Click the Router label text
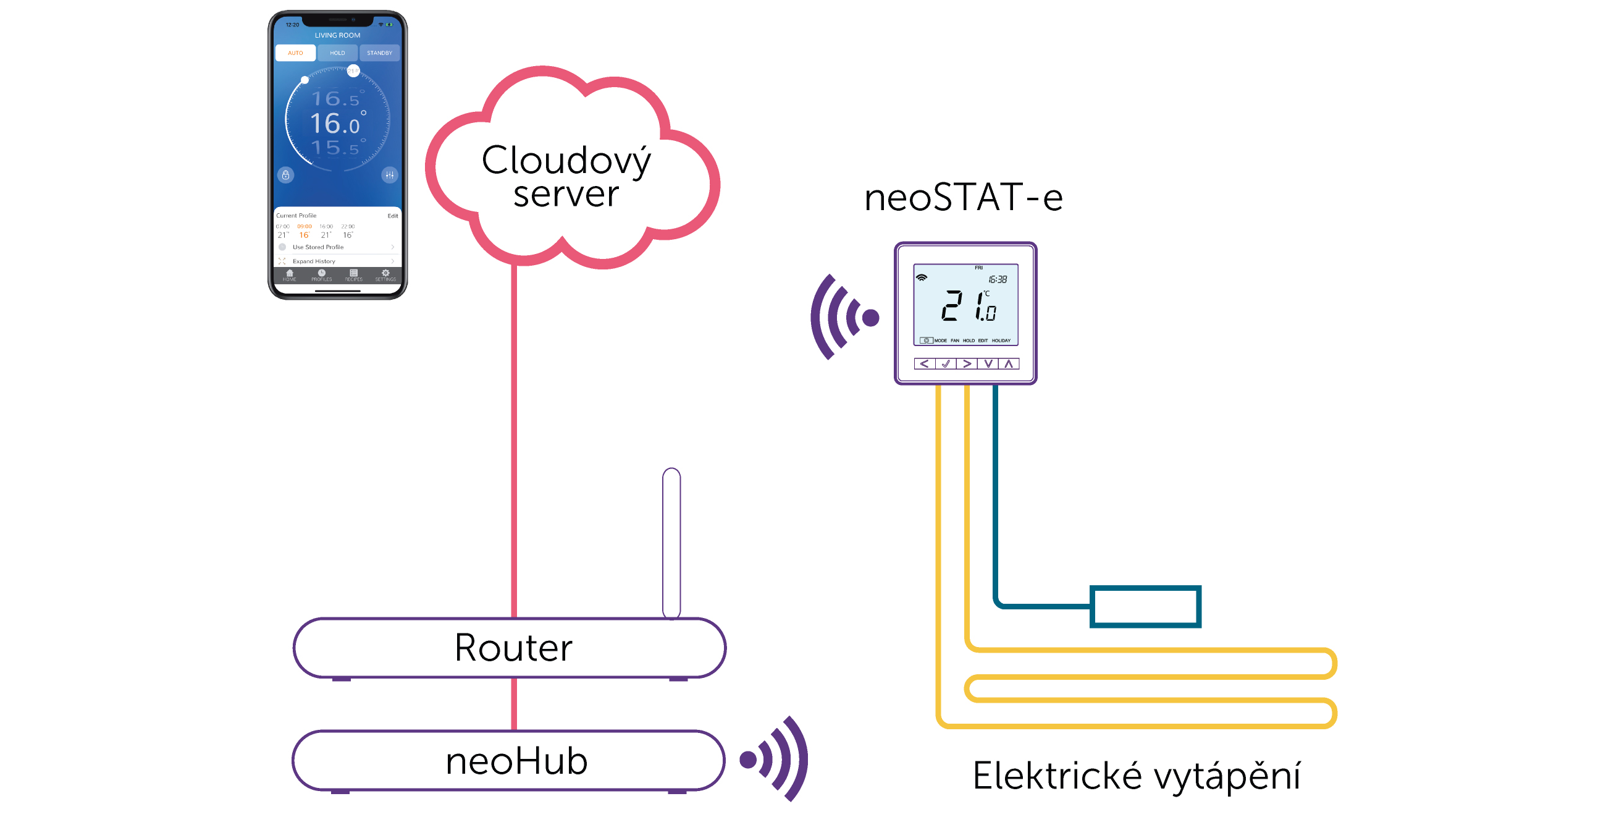(513, 648)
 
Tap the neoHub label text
(516, 761)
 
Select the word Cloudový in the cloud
(565, 161)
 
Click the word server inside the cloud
(565, 194)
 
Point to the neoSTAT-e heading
(962, 197)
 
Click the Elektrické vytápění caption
(1136, 776)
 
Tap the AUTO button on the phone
(295, 53)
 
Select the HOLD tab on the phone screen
(337, 53)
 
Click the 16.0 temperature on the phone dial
(336, 124)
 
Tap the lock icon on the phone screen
(285, 176)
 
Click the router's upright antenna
(671, 543)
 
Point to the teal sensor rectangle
(1145, 606)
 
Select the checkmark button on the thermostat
(945, 363)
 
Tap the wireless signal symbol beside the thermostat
(844, 318)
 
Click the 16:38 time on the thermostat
(998, 279)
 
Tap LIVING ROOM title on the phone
(337, 36)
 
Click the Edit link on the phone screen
(392, 216)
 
